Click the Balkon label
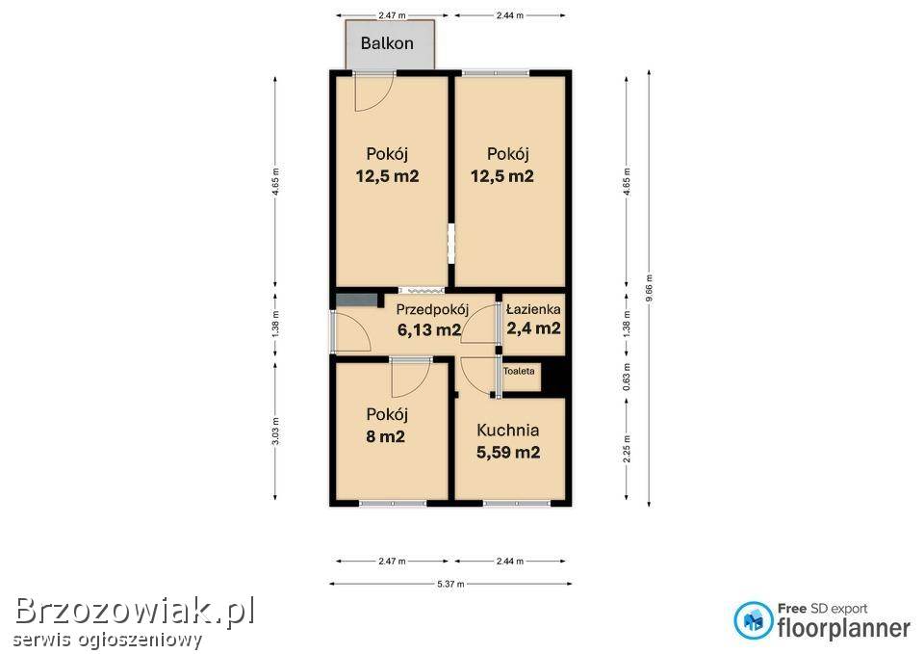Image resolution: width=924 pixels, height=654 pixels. [387, 43]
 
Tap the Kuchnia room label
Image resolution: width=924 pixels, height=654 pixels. [507, 431]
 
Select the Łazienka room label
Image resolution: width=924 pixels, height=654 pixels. [534, 309]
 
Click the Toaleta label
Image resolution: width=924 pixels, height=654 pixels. [519, 371]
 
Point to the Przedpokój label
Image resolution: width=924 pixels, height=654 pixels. [432, 310]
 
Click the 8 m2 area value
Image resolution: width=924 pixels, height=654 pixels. [385, 437]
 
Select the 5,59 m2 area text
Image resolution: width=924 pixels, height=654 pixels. [508, 453]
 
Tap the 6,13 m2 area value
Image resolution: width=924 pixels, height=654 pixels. [429, 329]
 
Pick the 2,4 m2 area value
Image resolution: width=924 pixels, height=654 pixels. [534, 327]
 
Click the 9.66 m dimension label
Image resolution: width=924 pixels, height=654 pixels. [649, 288]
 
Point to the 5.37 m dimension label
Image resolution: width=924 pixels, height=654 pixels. [450, 584]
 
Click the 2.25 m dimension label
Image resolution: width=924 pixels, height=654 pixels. [627, 449]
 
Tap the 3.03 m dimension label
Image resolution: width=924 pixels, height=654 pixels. [276, 432]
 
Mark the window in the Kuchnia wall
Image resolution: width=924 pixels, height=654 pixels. [517, 503]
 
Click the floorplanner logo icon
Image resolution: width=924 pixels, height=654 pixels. [753, 619]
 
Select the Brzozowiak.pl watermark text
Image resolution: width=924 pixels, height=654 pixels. [135, 611]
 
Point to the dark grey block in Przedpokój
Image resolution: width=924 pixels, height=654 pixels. [357, 300]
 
